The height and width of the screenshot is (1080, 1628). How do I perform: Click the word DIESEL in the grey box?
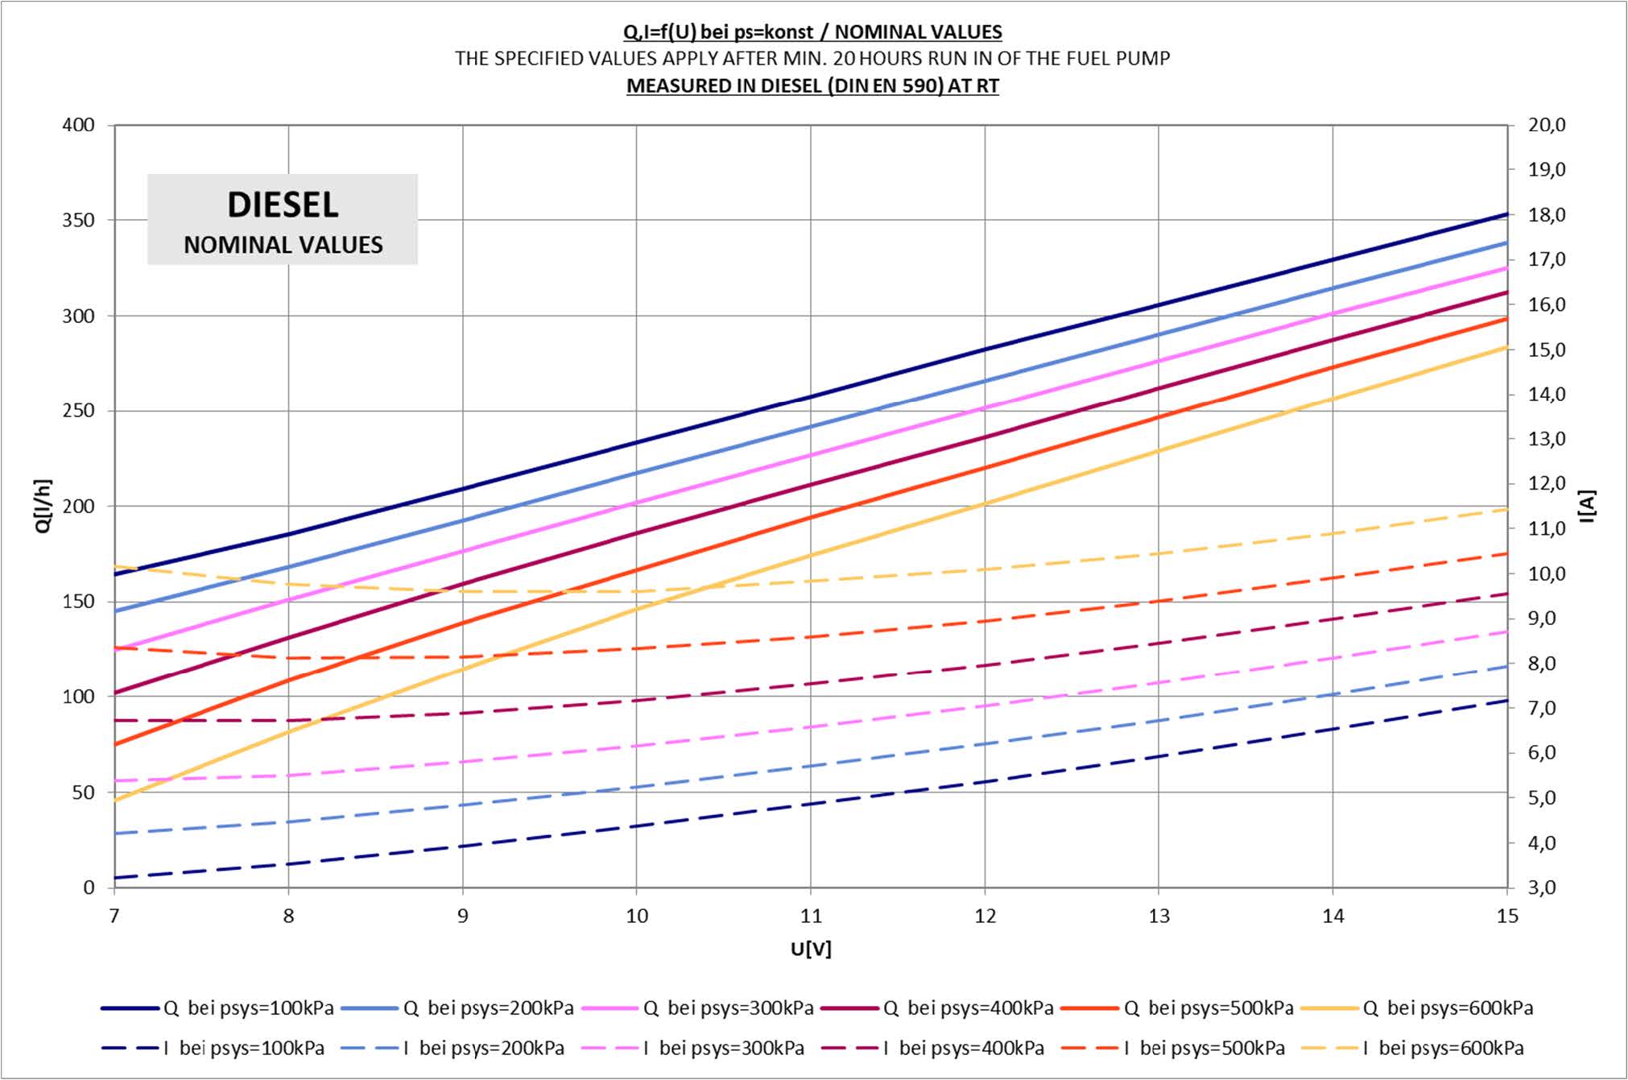[283, 205]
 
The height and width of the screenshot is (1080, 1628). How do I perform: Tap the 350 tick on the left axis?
[78, 220]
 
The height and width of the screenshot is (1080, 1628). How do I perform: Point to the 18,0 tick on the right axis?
[1547, 215]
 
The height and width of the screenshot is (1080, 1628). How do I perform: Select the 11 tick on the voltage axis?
[811, 916]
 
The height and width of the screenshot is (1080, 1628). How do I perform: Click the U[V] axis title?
[811, 949]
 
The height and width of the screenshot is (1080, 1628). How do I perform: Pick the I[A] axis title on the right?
[1587, 506]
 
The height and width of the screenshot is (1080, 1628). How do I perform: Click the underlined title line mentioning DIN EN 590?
[812, 85]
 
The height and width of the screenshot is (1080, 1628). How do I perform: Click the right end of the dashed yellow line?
[1506, 510]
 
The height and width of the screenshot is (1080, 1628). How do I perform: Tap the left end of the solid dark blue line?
[116, 574]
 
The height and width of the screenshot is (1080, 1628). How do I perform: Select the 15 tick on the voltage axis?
[1507, 916]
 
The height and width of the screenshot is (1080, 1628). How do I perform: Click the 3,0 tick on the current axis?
[1547, 888]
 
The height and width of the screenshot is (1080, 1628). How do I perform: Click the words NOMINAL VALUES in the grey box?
[283, 245]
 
